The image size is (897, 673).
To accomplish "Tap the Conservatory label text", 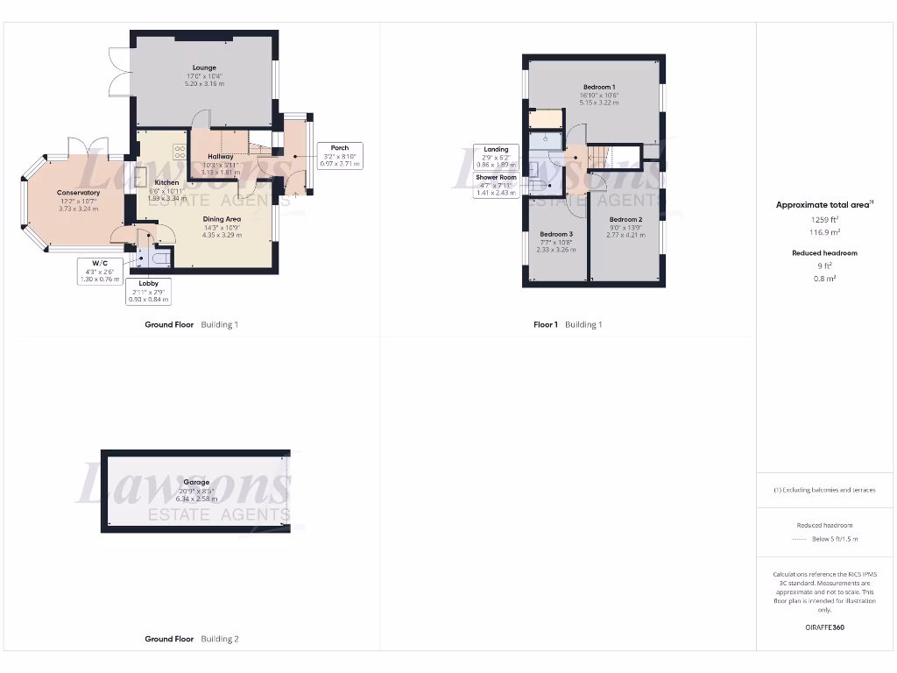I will [x=79, y=192].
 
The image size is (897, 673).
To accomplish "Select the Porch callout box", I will [x=340, y=155].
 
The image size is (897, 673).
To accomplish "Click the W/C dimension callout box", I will [x=98, y=270].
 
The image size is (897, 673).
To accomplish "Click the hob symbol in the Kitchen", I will [x=180, y=150].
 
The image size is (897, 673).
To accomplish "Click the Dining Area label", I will [x=222, y=219].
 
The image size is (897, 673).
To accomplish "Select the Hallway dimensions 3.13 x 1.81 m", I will [x=221, y=173].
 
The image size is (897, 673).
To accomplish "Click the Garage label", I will [x=196, y=482].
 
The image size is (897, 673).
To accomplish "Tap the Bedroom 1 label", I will [x=598, y=86].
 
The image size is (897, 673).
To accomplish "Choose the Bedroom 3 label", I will [x=556, y=234].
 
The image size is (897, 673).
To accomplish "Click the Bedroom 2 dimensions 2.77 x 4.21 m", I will [x=626, y=236].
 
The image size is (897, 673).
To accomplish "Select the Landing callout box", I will [x=496, y=156].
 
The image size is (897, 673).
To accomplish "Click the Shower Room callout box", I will [x=496, y=185].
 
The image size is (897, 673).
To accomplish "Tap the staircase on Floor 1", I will [x=599, y=158].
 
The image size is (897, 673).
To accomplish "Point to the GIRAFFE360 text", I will [x=824, y=627].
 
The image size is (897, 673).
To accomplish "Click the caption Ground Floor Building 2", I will [x=191, y=639].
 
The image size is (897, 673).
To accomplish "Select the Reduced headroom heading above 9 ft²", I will [x=823, y=252].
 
